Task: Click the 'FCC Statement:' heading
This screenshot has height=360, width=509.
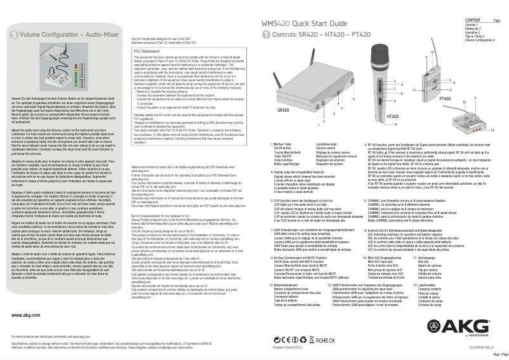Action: [x=149, y=50]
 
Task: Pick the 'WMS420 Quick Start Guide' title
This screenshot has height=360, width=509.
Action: [x=304, y=23]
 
